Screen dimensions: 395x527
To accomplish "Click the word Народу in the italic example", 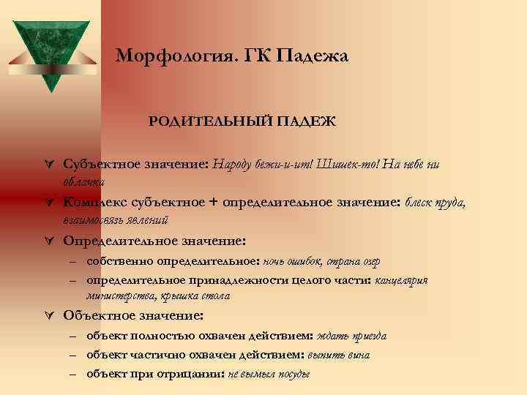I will [x=236, y=165].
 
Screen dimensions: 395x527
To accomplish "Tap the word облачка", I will [x=84, y=181].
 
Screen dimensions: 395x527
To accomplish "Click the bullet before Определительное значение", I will [x=50, y=241].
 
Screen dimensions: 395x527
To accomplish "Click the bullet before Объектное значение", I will [x=50, y=317].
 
